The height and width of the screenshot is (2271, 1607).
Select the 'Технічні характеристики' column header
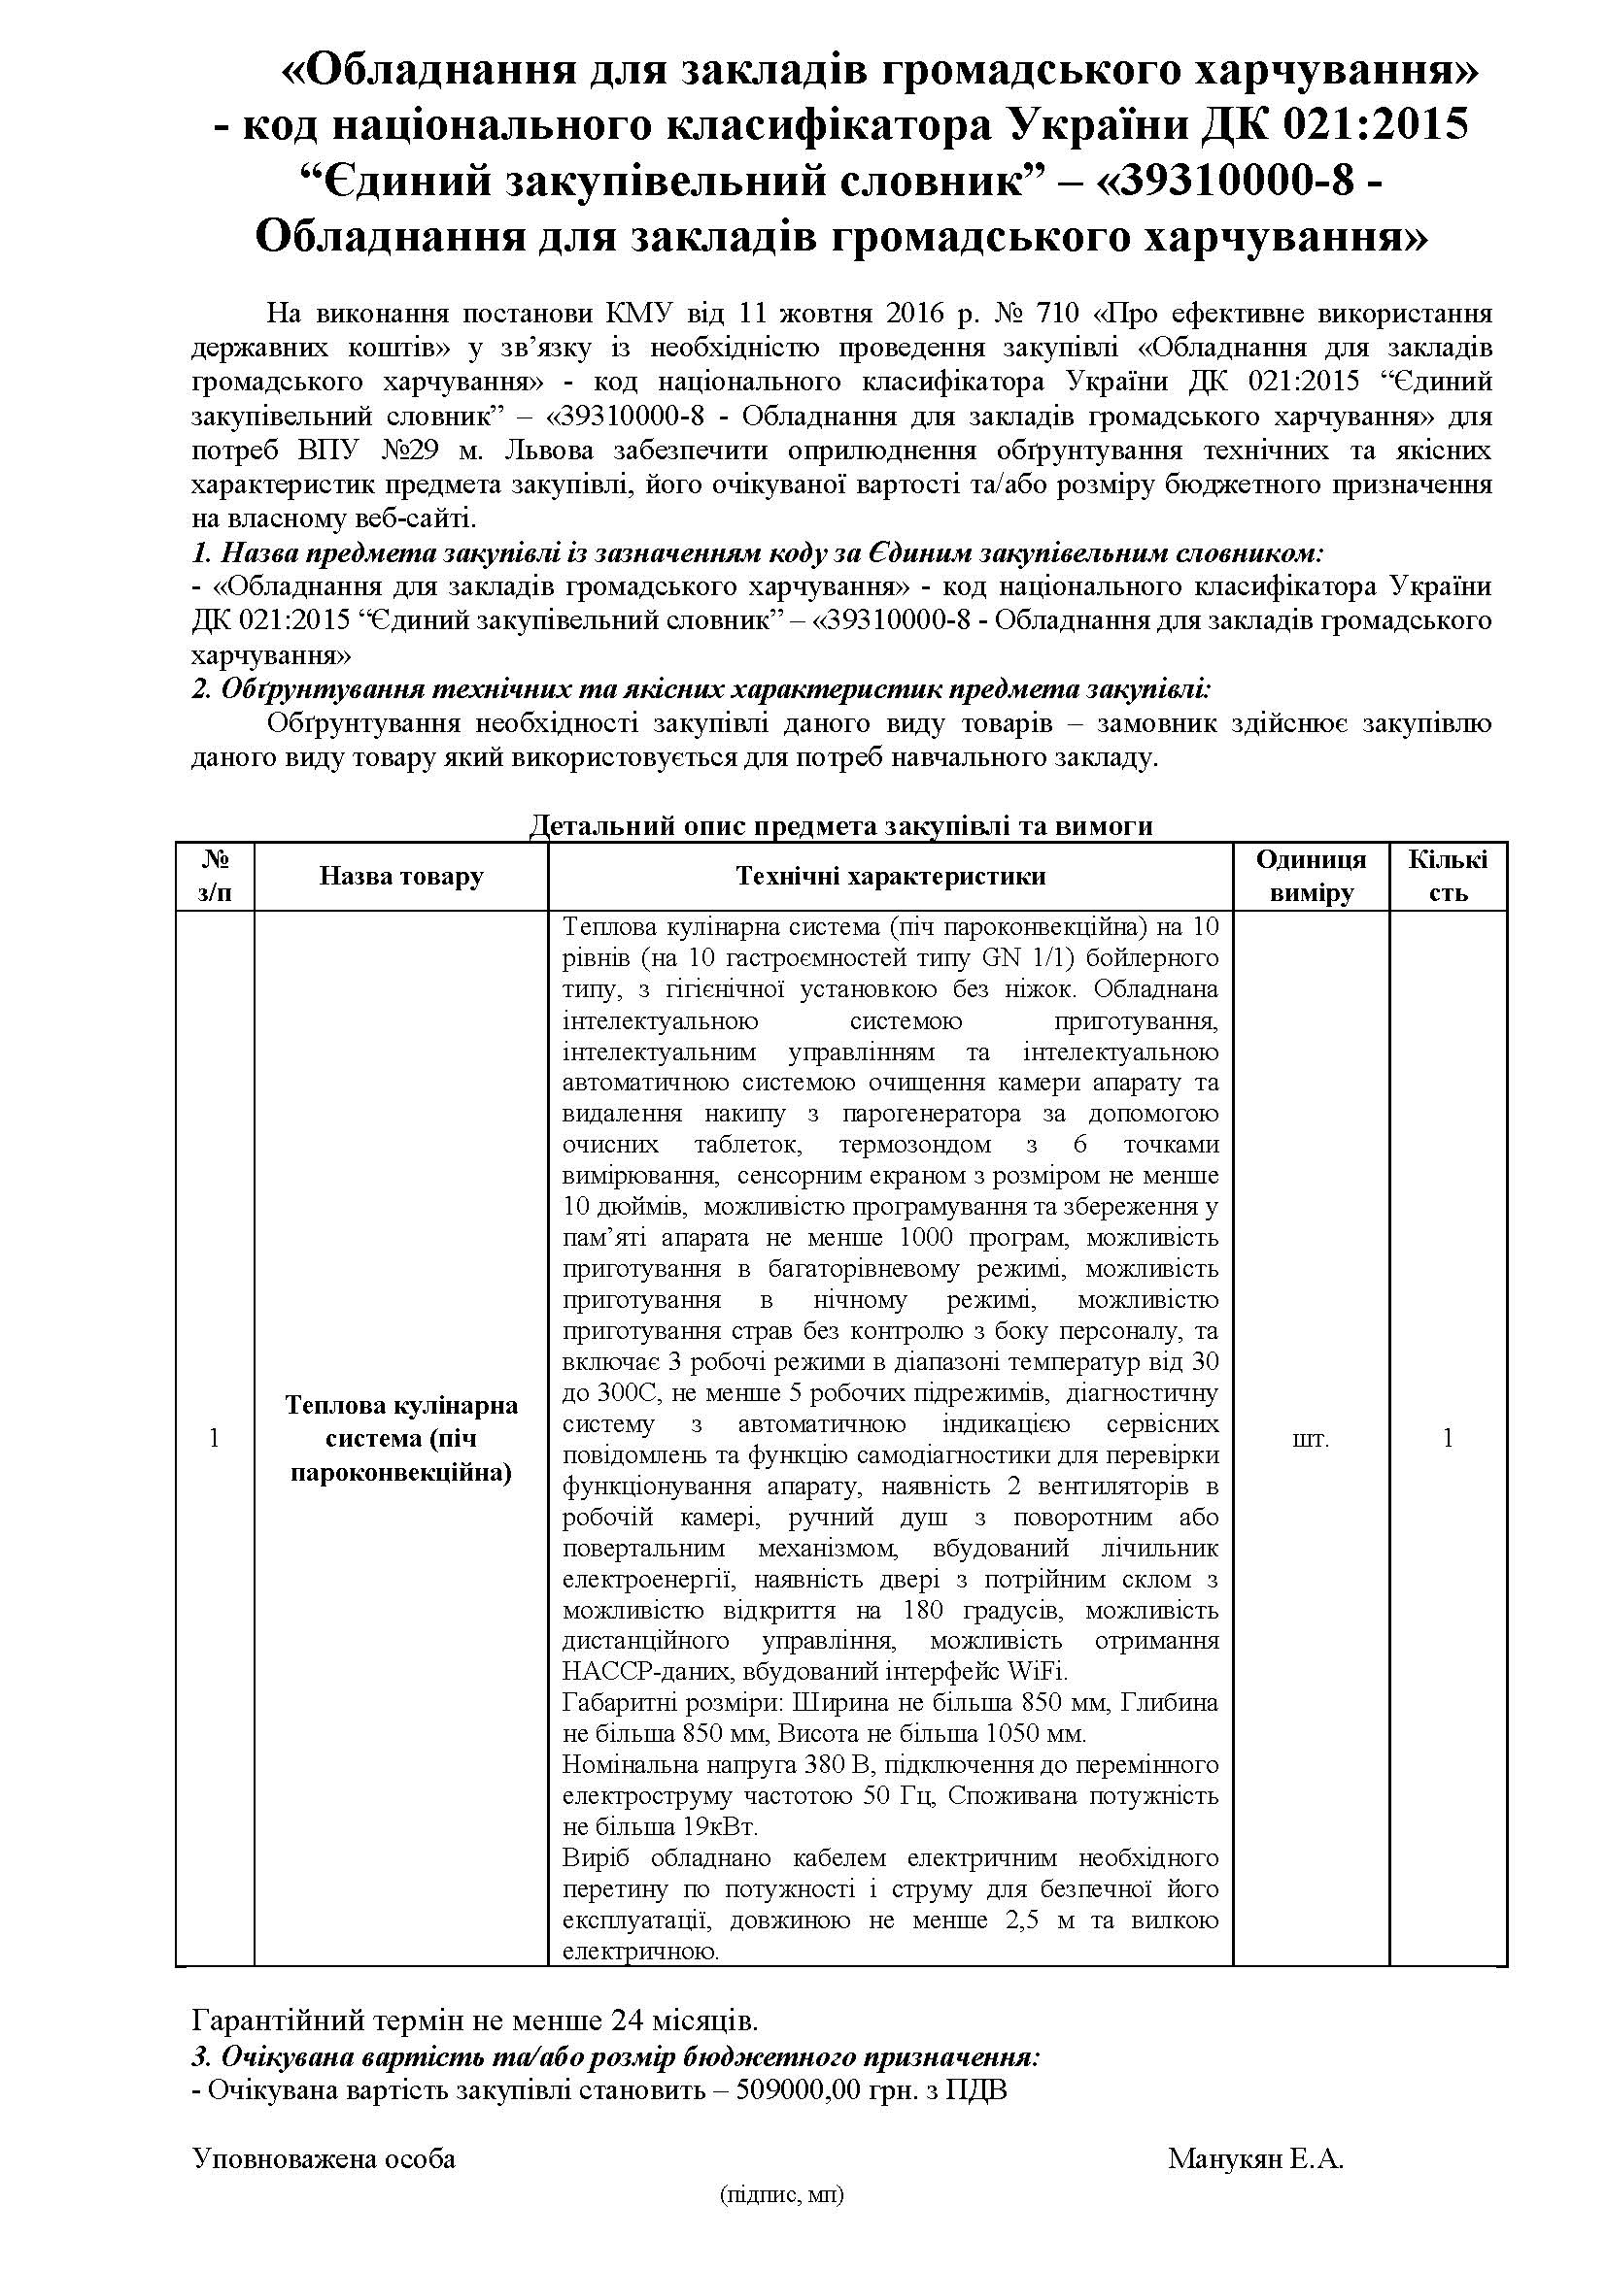coord(891,877)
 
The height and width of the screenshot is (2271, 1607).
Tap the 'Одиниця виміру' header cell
coord(1310,877)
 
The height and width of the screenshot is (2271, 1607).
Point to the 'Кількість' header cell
coord(1448,877)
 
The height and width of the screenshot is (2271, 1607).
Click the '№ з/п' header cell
coord(215,877)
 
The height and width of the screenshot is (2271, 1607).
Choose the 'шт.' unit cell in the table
coord(1310,1439)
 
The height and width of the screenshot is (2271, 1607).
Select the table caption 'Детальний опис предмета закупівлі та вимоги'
coord(841,826)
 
